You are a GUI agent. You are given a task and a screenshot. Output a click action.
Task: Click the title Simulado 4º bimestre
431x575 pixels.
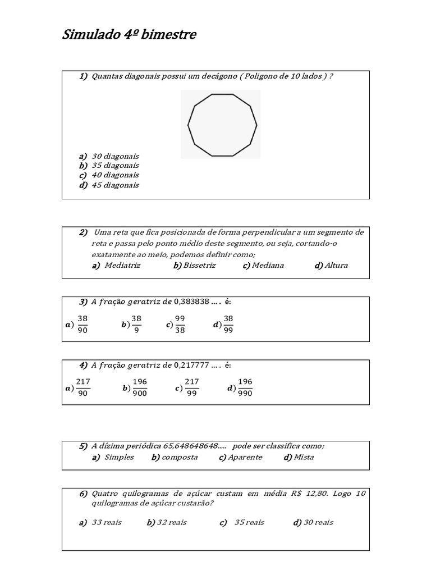tap(129, 35)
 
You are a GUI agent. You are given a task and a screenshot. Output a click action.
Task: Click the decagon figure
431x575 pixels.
tap(222, 125)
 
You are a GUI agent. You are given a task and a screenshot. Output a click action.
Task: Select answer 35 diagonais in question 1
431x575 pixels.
tap(115, 166)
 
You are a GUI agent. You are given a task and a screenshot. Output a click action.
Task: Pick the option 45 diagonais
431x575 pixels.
tap(115, 185)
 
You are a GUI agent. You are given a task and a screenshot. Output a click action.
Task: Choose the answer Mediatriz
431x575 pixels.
tap(122, 266)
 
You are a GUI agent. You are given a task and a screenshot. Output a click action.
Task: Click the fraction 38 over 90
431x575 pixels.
tap(82, 325)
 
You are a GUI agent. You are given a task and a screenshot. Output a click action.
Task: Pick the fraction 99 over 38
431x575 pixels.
tap(180, 325)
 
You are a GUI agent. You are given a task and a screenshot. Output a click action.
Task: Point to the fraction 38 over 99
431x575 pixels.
tap(228, 325)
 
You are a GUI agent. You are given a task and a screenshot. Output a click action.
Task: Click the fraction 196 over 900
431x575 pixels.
tap(140, 387)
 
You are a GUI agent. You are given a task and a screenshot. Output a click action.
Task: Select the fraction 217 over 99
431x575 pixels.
tap(192, 387)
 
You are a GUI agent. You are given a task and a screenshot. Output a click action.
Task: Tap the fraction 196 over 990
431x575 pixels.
tap(245, 387)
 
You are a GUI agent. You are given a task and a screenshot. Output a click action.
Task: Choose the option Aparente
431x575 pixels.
tap(245, 457)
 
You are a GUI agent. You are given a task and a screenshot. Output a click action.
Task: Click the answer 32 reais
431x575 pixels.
tap(171, 523)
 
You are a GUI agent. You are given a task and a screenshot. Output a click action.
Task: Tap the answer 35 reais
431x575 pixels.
tap(249, 523)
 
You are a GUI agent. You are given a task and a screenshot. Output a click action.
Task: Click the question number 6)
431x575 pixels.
tap(83, 494)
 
